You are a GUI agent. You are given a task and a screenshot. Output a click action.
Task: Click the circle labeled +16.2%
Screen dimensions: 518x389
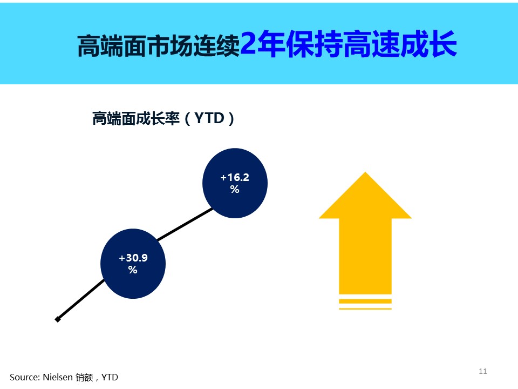click(x=235, y=183)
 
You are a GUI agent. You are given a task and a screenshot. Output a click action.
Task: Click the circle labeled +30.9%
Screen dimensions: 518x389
click(x=133, y=264)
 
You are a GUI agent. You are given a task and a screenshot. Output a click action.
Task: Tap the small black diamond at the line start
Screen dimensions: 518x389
click(x=58, y=319)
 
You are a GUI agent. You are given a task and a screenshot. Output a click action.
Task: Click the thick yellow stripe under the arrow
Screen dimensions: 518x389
click(x=365, y=301)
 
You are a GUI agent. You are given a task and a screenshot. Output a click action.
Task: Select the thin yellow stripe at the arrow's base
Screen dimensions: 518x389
click(x=365, y=308)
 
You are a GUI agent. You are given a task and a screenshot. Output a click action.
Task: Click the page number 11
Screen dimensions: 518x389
click(x=482, y=371)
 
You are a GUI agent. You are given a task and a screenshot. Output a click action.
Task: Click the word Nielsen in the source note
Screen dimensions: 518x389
click(x=58, y=377)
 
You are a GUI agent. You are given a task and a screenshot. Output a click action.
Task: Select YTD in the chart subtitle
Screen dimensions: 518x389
click(x=209, y=118)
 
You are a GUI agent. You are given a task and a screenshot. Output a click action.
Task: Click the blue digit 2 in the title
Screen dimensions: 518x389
click(x=248, y=43)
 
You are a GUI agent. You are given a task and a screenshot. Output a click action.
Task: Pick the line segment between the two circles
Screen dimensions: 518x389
click(x=185, y=224)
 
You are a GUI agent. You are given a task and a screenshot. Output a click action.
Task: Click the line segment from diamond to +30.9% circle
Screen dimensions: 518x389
click(x=81, y=300)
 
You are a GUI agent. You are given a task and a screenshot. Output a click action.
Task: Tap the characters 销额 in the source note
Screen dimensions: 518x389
click(x=84, y=378)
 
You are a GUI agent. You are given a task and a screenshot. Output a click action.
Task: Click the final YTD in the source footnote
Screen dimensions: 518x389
click(x=110, y=377)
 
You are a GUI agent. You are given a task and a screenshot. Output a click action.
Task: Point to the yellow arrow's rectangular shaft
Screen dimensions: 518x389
click(x=365, y=256)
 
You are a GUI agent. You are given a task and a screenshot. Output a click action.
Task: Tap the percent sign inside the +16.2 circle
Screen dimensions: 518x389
click(x=235, y=189)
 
